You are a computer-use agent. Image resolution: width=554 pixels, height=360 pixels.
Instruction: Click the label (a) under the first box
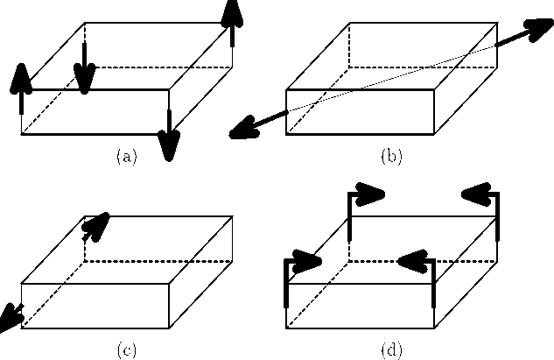127,157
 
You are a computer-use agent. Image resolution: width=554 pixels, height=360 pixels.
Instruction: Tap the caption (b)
390,157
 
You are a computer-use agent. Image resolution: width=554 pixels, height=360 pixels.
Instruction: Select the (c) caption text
127,350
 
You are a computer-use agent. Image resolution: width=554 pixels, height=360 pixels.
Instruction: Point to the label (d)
390,350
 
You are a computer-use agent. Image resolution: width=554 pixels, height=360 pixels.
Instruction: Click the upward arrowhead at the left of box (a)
22,79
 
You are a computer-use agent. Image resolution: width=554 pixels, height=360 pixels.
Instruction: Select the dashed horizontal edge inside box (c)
158,261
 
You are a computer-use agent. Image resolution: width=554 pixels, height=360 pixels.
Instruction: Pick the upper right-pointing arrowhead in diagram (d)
371,194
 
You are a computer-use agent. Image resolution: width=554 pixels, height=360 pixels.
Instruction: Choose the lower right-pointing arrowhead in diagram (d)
306,262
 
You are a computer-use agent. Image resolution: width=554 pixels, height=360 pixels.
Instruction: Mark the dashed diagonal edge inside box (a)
53,111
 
